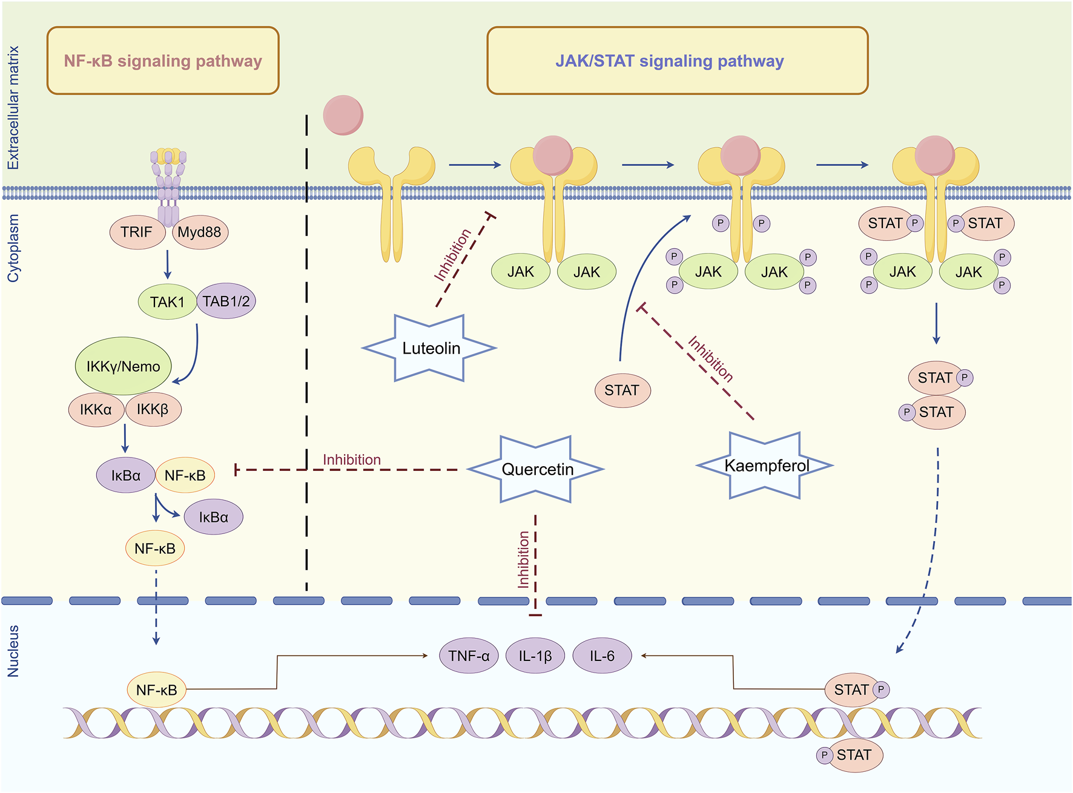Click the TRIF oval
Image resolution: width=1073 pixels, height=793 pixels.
pyautogui.click(x=137, y=232)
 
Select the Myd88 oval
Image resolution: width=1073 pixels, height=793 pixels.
pyautogui.click(x=200, y=232)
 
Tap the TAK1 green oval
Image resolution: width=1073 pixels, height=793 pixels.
pyautogui.click(x=167, y=301)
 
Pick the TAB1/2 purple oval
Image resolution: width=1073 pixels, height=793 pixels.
pyautogui.click(x=226, y=301)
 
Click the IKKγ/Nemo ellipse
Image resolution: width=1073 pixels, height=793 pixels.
pyautogui.click(x=124, y=366)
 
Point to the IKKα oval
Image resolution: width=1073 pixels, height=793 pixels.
pyautogui.click(x=96, y=410)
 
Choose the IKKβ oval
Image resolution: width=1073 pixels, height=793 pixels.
pyautogui.click(x=153, y=410)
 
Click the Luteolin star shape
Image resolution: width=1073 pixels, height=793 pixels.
pyautogui.click(x=431, y=349)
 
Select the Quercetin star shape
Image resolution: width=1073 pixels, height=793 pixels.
pyautogui.click(x=536, y=469)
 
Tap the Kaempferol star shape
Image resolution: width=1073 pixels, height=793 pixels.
pyautogui.click(x=766, y=466)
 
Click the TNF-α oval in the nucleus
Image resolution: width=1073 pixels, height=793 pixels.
pyautogui.click(x=469, y=656)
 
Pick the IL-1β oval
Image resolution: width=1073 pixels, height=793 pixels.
pyautogui.click(x=535, y=656)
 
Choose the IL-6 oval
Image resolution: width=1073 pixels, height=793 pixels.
pyautogui.click(x=602, y=656)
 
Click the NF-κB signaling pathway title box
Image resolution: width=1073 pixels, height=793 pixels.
pyautogui.click(x=163, y=61)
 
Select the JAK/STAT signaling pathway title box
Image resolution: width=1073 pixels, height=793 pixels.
pyautogui.click(x=677, y=61)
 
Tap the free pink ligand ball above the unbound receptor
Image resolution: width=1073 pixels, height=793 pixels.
pyautogui.click(x=343, y=115)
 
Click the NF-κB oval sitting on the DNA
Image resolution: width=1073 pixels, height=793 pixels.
pyautogui.click(x=156, y=690)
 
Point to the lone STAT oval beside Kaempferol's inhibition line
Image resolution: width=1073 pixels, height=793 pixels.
pyautogui.click(x=622, y=390)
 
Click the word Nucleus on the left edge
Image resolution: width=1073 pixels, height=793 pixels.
pyautogui.click(x=13, y=651)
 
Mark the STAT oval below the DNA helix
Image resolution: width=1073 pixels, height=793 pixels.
pyautogui.click(x=854, y=755)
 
